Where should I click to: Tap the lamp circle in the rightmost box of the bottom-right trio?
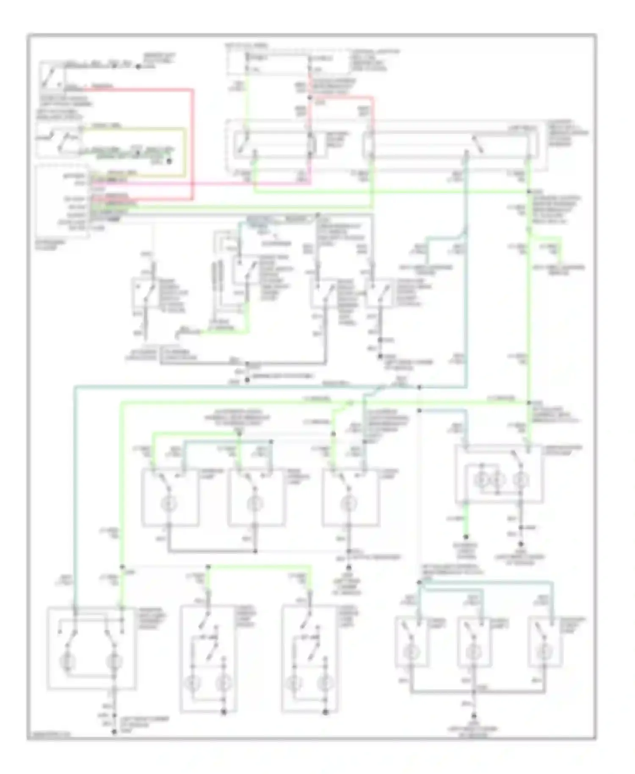[543, 653]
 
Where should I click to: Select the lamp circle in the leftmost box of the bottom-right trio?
[410, 653]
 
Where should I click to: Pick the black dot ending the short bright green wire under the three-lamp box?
[467, 536]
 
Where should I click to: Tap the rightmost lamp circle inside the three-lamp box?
[521, 480]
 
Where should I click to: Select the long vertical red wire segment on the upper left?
[193, 144]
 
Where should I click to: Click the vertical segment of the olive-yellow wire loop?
[185, 150]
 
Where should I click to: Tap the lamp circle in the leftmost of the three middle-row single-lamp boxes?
[169, 503]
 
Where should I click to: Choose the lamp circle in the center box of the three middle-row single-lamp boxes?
[254, 503]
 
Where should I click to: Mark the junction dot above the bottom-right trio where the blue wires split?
[419, 583]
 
